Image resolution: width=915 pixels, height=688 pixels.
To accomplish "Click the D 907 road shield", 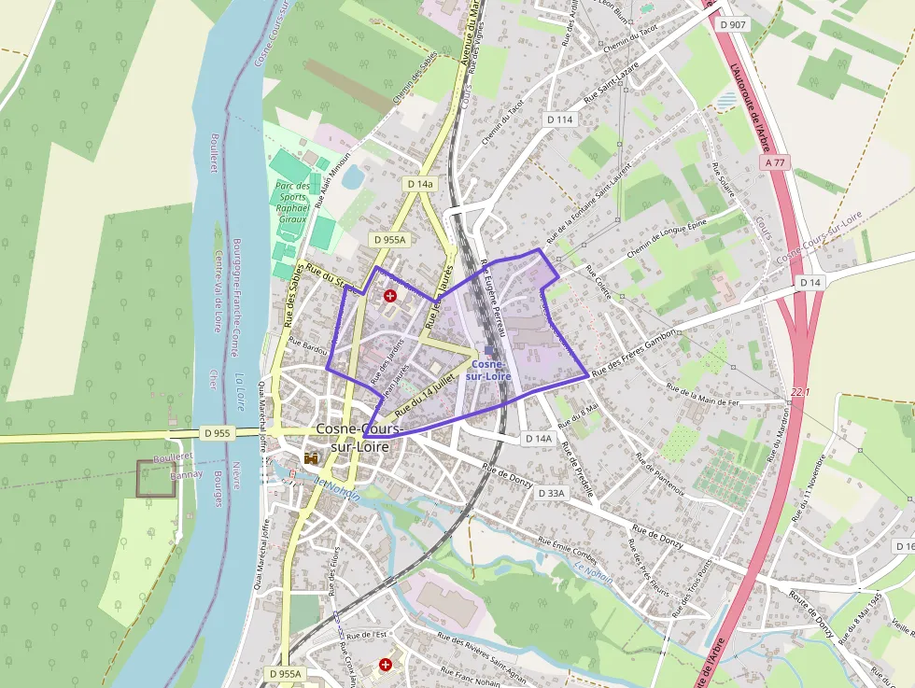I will click(x=734, y=24).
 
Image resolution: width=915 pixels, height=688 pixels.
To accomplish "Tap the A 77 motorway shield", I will click(x=775, y=162).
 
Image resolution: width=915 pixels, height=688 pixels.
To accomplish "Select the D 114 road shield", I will click(x=559, y=119).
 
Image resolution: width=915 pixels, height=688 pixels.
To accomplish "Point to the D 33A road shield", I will click(x=552, y=492).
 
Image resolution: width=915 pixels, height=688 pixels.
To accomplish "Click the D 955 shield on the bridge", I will click(x=217, y=433).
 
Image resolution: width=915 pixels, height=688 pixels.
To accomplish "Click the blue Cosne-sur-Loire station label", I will click(x=490, y=370).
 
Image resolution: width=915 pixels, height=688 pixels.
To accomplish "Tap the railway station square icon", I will click(x=489, y=350).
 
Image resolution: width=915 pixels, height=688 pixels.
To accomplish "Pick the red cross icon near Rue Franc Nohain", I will click(x=386, y=665).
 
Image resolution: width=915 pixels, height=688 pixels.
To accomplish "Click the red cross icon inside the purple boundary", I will click(x=390, y=296).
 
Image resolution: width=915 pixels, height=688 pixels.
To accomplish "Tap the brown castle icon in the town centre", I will click(x=311, y=458).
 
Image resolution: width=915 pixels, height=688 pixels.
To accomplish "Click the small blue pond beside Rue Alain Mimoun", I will click(x=353, y=176).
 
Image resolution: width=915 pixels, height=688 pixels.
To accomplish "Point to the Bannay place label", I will click(x=186, y=474).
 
